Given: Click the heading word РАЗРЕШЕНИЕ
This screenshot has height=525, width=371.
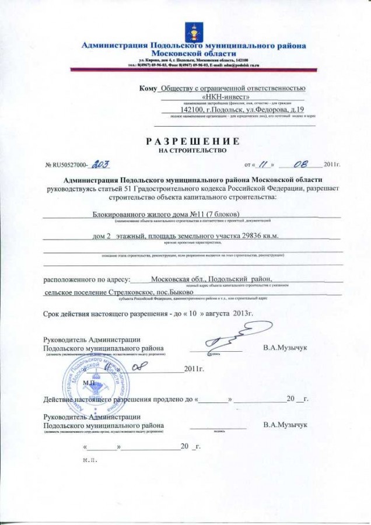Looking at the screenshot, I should tap(192, 141).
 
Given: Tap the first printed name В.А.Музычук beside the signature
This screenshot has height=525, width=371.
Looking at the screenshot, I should tap(285, 348).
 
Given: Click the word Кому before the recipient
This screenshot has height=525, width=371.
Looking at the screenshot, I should tap(148, 88).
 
